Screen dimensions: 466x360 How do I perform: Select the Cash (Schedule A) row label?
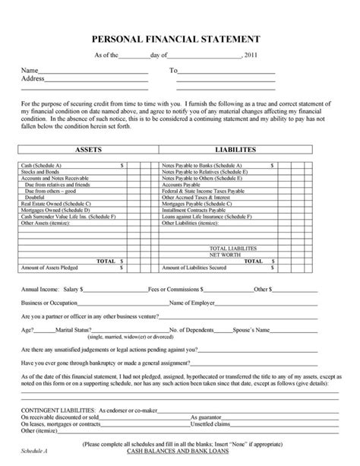[42, 164]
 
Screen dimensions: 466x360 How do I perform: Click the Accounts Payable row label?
[179, 184]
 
